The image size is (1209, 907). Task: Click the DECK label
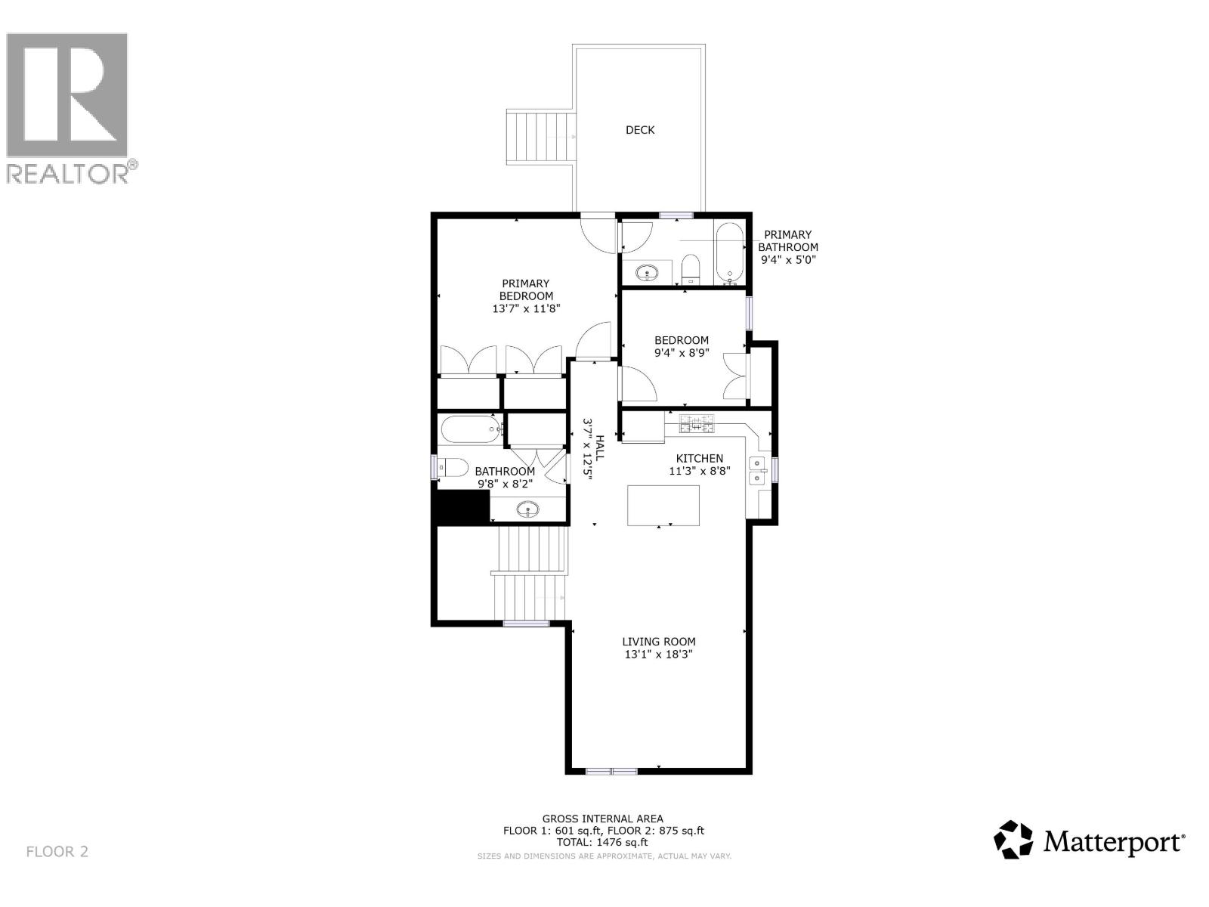coord(640,130)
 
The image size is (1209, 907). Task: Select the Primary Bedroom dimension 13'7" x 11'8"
coord(526,308)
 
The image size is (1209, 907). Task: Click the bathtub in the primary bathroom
coord(730,252)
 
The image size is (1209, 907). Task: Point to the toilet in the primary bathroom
coord(690,268)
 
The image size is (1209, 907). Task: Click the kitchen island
coord(663,505)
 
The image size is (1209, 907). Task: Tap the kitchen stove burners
coord(697,424)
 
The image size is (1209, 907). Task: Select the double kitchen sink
coord(757,470)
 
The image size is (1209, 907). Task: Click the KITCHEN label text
coord(699,458)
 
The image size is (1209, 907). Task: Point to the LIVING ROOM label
coord(659,641)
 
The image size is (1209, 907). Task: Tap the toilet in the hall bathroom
coord(453,468)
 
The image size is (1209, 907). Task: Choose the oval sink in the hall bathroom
coord(528,509)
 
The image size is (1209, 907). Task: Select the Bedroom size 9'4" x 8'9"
coord(682,352)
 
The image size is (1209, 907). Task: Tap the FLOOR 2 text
coord(57,852)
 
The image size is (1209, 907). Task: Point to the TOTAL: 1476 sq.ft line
coord(602,842)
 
